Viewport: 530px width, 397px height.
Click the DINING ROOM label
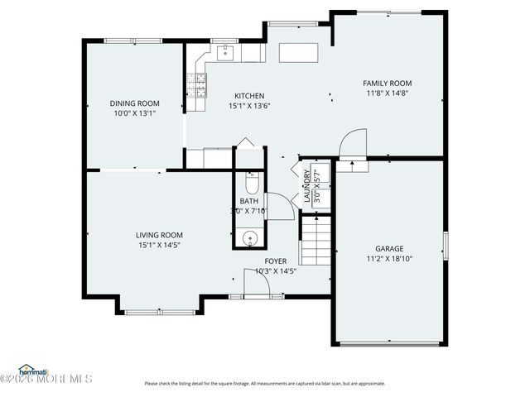134,103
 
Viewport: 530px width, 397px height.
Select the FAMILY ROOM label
387,84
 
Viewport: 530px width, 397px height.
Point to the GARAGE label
388,248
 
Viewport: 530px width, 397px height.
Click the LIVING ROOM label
159,235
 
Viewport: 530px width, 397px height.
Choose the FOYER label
276,261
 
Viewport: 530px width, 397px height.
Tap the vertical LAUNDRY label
307,186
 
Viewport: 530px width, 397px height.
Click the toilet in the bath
253,182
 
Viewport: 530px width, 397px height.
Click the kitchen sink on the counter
225,53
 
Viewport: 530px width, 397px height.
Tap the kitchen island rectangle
301,53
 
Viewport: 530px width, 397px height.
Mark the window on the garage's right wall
446,246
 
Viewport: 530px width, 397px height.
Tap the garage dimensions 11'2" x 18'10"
388,259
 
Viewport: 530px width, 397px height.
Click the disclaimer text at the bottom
265,383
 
